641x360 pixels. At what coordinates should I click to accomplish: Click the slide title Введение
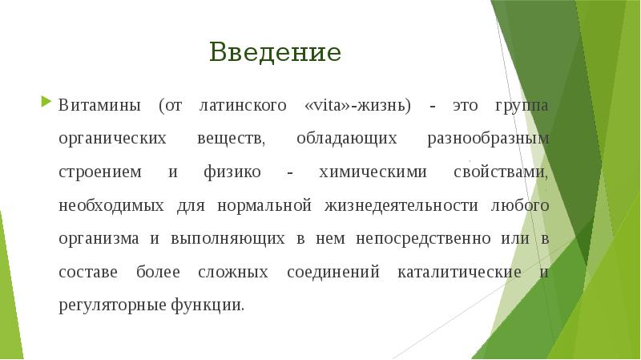(x=275, y=53)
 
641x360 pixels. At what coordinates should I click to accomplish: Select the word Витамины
(x=99, y=105)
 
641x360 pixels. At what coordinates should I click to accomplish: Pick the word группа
(x=521, y=105)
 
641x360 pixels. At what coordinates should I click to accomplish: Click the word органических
(x=112, y=139)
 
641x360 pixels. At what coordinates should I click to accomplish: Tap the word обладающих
(x=346, y=139)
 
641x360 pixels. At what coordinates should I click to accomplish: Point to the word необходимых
(x=111, y=205)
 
